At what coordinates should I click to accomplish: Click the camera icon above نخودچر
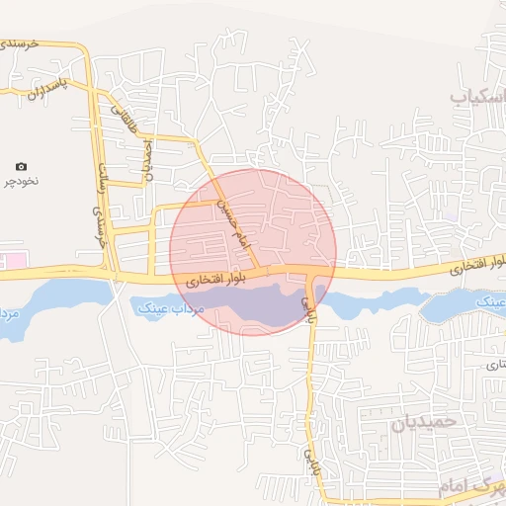22,167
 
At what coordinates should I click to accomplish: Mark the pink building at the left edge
15,260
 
